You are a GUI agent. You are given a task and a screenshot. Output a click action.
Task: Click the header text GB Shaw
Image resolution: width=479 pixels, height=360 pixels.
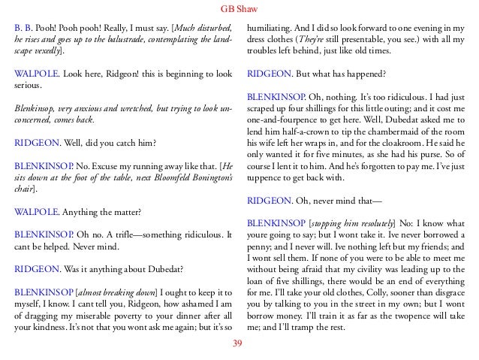(x=239, y=9)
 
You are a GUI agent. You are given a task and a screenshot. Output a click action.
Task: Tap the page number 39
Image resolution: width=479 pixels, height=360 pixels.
(x=239, y=344)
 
